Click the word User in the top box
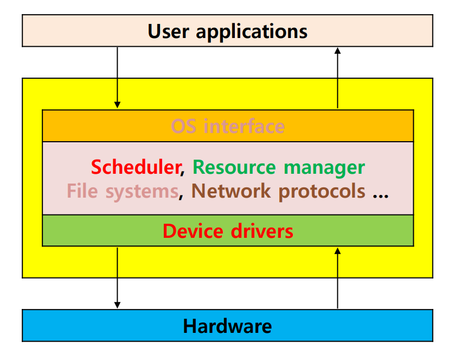pos(168,31)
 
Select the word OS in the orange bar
pos(183,127)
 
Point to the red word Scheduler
pos(135,167)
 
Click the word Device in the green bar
pos(193,231)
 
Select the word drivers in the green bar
pos(261,231)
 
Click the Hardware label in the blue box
pos(227,326)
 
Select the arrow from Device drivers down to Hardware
pos(117,277)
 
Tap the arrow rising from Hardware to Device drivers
pos(337,277)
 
